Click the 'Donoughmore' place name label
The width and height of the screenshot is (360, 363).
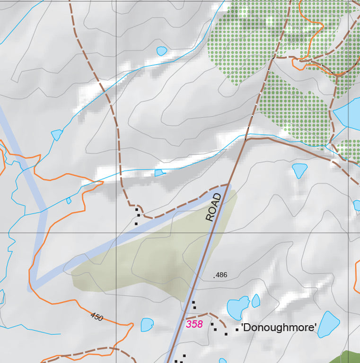coord(279,327)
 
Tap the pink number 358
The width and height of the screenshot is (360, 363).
coord(194,324)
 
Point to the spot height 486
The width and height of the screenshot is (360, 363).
coord(220,275)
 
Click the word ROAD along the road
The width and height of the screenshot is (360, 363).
coord(214,207)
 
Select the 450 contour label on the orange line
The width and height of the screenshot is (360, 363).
coord(97,316)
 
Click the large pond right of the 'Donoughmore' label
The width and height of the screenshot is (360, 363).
coord(328,324)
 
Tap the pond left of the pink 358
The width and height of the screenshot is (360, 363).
coord(147,325)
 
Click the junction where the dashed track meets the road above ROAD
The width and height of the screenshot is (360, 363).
coord(229,184)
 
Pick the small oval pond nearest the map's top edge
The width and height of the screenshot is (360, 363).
coord(162,50)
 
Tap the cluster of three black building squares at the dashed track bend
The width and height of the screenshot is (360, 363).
coord(137,216)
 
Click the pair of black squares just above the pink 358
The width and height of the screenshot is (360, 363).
coord(194,305)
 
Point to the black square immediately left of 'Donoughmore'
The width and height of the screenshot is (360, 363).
coord(237,329)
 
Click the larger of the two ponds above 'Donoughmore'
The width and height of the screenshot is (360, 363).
coord(238,308)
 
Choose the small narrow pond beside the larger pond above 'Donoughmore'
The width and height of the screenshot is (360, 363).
coord(256,301)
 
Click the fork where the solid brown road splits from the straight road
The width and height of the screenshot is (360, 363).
coord(246,140)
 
